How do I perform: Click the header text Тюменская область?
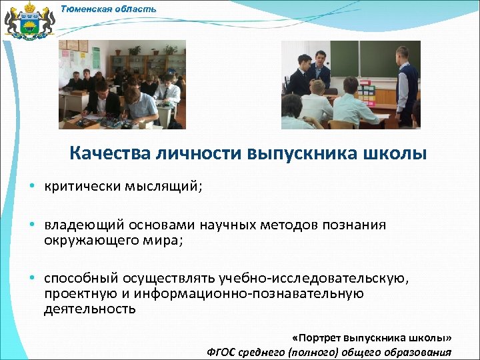[x=109, y=9]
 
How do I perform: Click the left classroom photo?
[x=122, y=85]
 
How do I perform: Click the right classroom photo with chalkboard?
[x=351, y=85]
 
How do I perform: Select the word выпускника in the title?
[x=303, y=154]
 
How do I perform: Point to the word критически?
[x=81, y=187]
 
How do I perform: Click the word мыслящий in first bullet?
[x=163, y=187]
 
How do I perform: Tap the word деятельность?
[x=90, y=309]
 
